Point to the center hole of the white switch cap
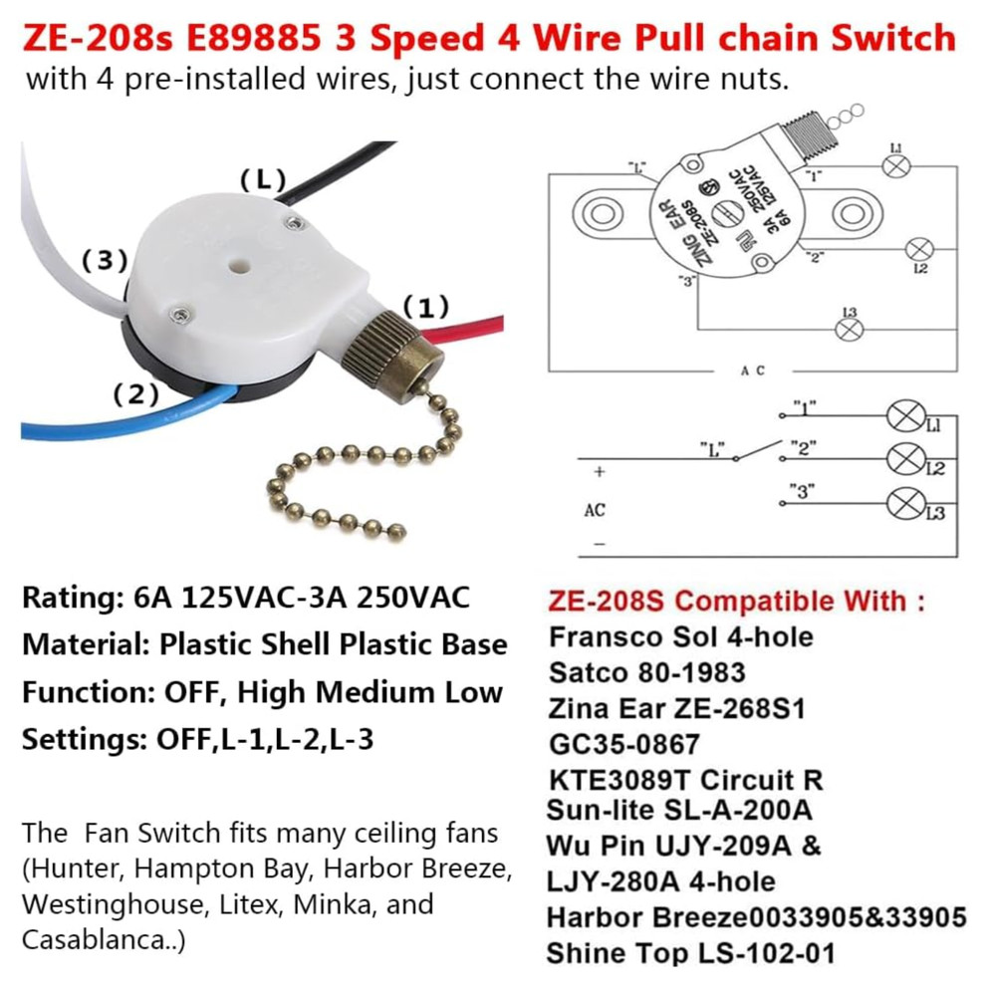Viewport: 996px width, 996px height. (237, 268)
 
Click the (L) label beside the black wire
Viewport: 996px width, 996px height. (264, 180)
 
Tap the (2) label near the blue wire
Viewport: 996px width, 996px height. (135, 394)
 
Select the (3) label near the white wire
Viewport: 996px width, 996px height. (104, 261)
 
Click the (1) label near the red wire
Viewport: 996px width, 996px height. (425, 306)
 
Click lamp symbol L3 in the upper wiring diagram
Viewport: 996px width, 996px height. (849, 330)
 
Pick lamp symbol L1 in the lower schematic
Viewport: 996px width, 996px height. (905, 414)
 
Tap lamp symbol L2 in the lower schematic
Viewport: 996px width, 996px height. (905, 458)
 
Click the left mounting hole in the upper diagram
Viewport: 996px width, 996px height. (603, 212)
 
